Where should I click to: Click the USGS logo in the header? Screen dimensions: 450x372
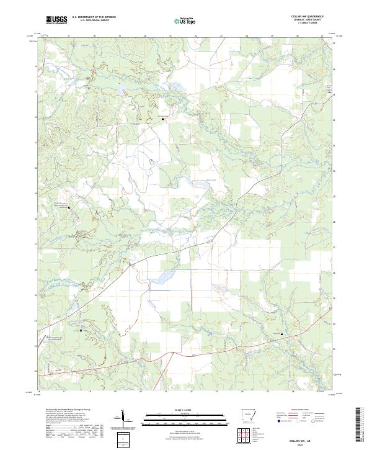pyautogui.click(x=56, y=20)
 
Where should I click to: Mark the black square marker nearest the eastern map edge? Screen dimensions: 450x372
pyautogui.click(x=329, y=93)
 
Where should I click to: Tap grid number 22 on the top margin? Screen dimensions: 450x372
pyautogui.click(x=195, y=37)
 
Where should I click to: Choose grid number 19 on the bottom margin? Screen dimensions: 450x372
pyautogui.click(x=115, y=392)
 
